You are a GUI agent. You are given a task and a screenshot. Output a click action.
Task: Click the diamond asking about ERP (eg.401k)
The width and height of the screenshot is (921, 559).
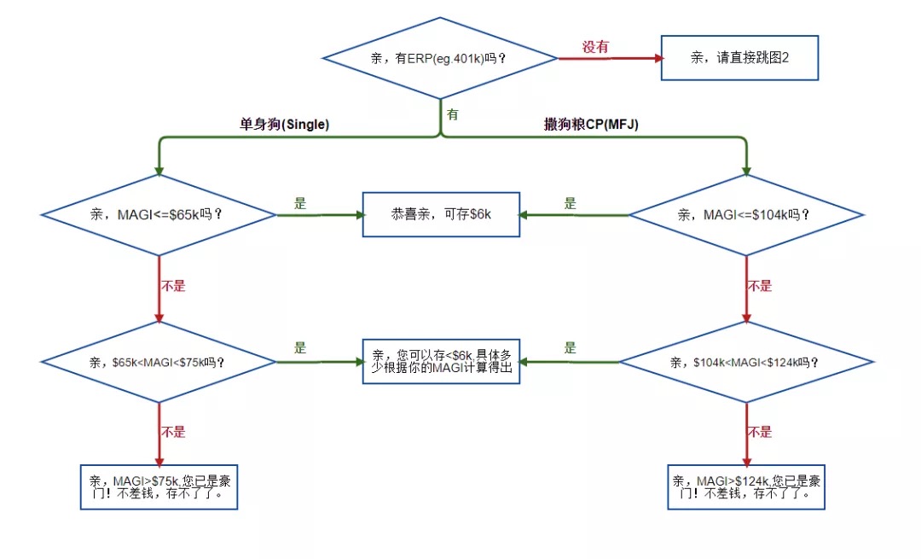[440, 58]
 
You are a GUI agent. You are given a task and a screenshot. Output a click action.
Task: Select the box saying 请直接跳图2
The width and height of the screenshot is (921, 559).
[739, 58]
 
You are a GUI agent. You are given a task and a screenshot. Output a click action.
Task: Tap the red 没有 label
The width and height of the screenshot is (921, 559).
[595, 47]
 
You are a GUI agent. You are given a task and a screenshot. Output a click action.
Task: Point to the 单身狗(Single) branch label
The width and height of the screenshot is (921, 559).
[284, 125]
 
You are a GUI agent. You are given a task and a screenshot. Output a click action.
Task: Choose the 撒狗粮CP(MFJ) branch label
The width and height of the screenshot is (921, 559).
[591, 125]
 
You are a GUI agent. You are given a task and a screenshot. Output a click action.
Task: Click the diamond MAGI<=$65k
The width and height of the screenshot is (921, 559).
[159, 214]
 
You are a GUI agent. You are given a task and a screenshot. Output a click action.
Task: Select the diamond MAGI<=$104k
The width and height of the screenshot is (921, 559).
[747, 215]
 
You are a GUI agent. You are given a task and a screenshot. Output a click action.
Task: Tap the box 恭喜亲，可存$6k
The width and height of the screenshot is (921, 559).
[441, 214]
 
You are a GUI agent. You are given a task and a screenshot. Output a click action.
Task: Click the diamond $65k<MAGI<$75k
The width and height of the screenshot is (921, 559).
[159, 362]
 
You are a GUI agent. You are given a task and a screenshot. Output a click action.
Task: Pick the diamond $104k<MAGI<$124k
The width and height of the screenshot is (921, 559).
[746, 362]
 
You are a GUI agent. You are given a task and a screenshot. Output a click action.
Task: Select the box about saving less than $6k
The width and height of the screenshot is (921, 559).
[441, 361]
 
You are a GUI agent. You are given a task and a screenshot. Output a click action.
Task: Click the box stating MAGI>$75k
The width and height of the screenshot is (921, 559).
[158, 486]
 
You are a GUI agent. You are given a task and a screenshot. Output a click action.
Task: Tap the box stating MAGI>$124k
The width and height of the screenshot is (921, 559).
[746, 486]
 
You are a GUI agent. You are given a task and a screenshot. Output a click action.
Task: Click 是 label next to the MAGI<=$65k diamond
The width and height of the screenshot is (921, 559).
[300, 203]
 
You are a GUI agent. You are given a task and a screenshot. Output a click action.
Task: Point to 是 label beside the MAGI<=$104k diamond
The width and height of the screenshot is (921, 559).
[570, 203]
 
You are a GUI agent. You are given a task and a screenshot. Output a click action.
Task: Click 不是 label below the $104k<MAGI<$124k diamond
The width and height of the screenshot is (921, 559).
[760, 432]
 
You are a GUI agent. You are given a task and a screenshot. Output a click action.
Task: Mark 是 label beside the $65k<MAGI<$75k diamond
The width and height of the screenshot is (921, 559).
[300, 348]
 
